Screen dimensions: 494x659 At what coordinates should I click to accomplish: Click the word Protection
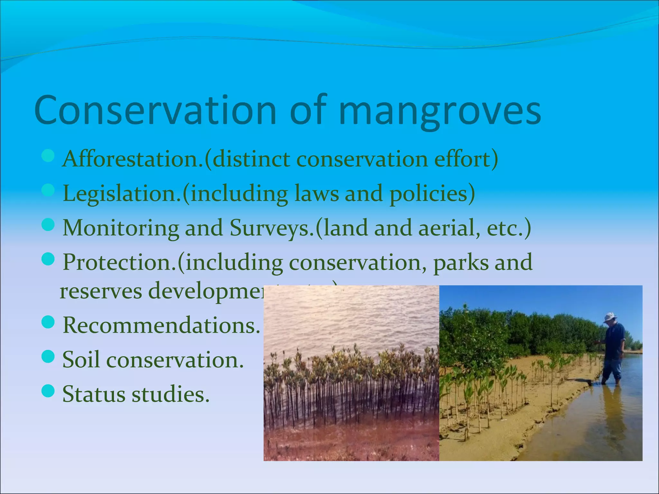pos(119,262)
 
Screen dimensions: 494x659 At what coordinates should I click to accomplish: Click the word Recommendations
pos(161,325)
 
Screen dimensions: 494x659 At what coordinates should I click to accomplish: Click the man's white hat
pos(609,318)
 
